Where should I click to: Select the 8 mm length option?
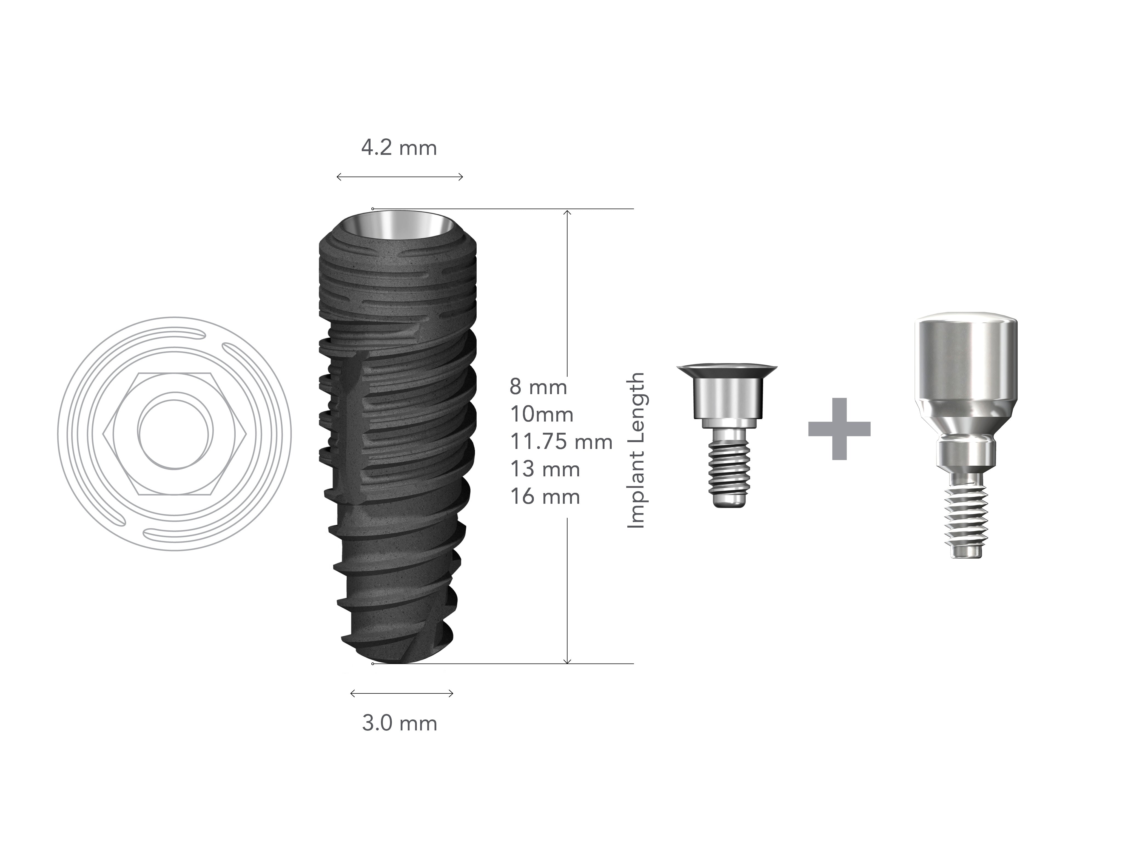pyautogui.click(x=538, y=387)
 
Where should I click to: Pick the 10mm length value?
pyautogui.click(x=542, y=414)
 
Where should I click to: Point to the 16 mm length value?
pyautogui.click(x=545, y=497)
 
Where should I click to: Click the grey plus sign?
pyautogui.click(x=839, y=429)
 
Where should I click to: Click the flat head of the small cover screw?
pyautogui.click(x=728, y=369)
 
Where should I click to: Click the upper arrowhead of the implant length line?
pyautogui.click(x=568, y=213)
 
